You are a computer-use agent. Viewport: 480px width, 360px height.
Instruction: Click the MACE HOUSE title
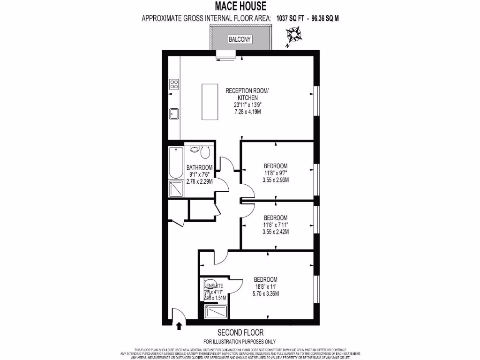(x=240, y=7)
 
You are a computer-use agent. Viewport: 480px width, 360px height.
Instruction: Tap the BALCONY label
(x=240, y=40)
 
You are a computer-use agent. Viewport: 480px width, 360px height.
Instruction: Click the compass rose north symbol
(x=294, y=35)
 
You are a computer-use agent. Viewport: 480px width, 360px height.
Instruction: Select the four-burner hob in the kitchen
(x=174, y=84)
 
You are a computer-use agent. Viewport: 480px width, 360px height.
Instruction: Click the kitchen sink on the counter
(x=174, y=113)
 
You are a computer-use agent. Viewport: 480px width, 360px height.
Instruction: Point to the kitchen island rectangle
(x=210, y=102)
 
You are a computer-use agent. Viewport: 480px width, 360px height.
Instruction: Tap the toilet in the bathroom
(x=204, y=151)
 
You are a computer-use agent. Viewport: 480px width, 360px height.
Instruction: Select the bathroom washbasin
(x=195, y=150)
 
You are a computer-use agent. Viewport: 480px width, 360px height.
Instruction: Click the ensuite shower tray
(x=216, y=312)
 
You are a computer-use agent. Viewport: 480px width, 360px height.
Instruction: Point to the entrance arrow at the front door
(x=179, y=326)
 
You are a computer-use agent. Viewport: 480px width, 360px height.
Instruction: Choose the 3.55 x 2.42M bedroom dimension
(x=275, y=232)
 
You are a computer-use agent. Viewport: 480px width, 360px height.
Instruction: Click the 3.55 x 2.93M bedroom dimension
(x=275, y=180)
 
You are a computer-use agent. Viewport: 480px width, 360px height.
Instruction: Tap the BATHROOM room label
(x=200, y=167)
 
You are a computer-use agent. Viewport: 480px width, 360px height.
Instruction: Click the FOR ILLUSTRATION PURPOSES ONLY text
(x=240, y=341)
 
